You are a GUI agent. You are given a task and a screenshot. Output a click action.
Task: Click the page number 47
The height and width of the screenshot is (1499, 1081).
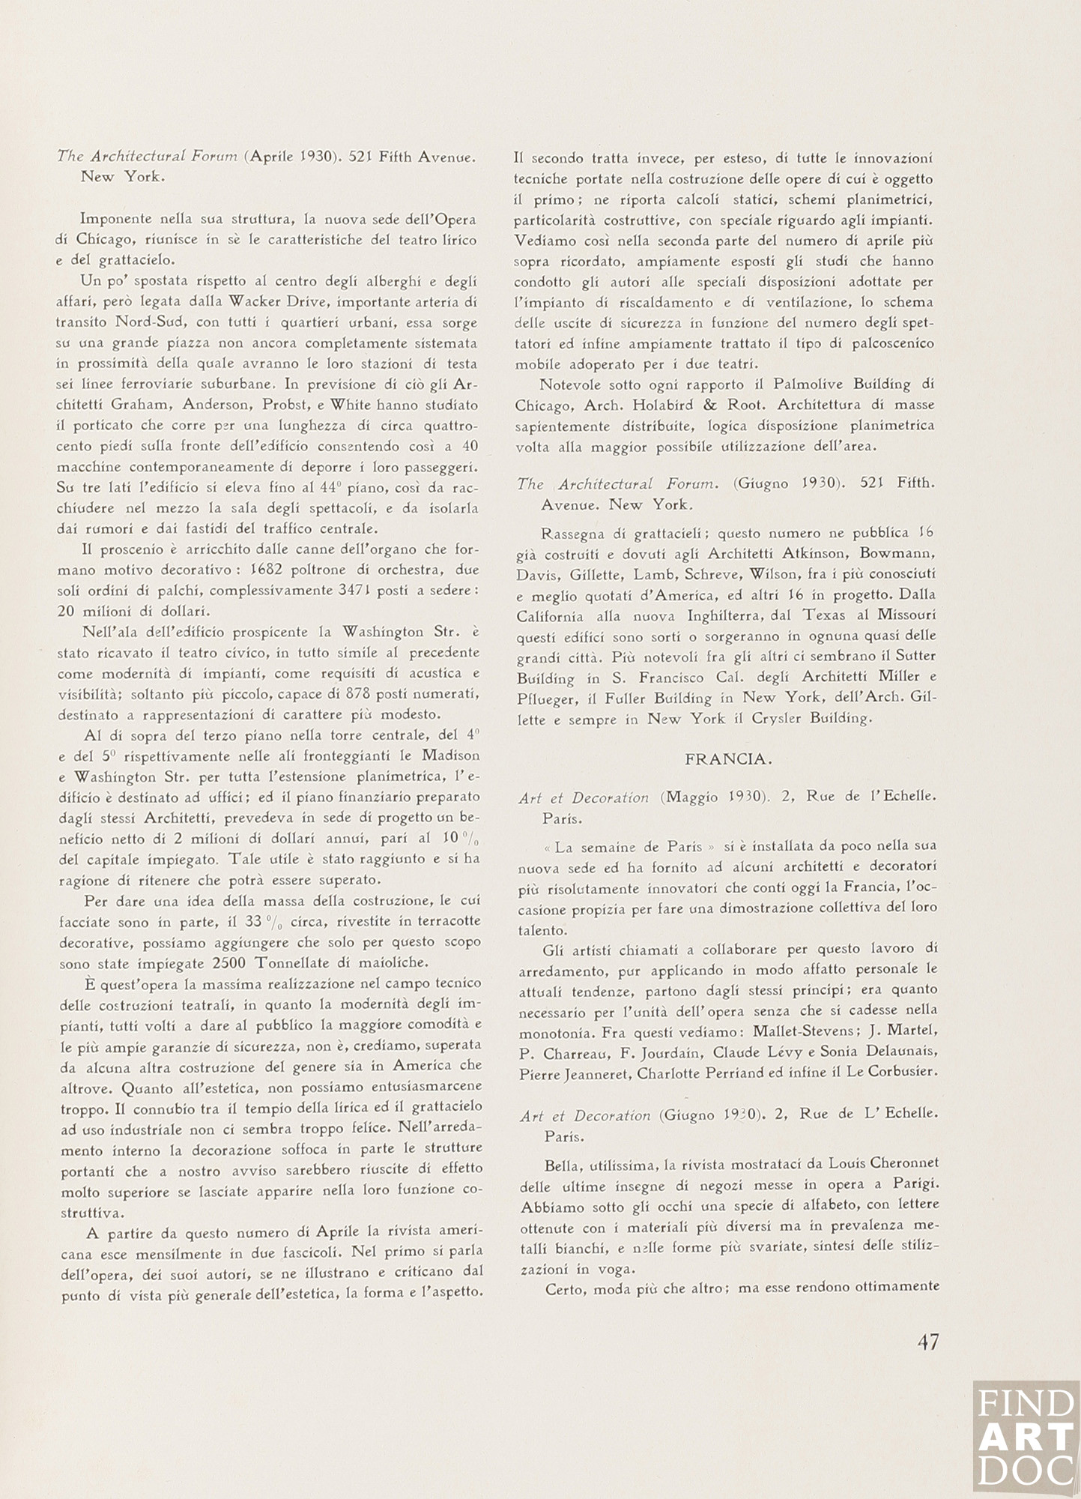pos(927,1342)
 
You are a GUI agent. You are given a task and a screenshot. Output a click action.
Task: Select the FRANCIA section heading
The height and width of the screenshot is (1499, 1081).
pos(727,759)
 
